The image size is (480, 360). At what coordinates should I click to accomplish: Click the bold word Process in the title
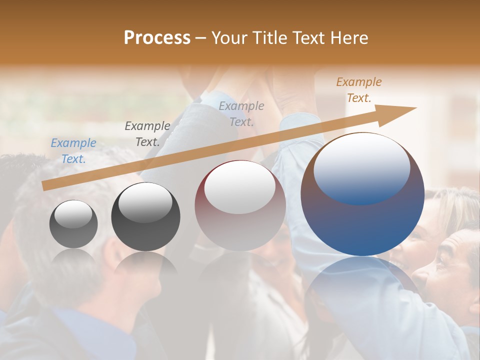click(157, 38)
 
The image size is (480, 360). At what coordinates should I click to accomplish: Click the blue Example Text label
click(73, 151)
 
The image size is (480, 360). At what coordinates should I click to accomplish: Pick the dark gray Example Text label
click(147, 134)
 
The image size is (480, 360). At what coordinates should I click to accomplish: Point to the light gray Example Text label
click(241, 113)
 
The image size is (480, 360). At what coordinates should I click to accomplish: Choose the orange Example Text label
click(359, 90)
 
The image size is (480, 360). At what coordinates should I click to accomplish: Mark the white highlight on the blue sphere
click(362, 167)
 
